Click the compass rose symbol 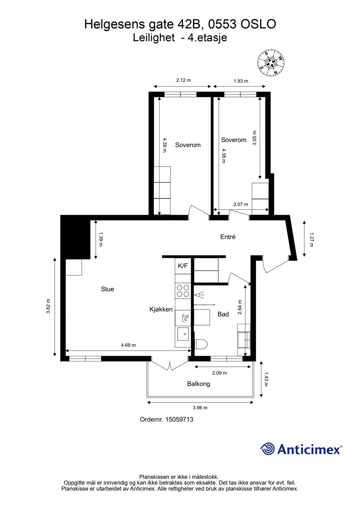pos(271,63)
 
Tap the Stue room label pos(108,289)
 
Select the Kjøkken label pos(161,309)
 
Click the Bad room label pos(223,314)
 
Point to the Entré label pos(228,237)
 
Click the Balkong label pos(199,384)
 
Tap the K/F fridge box pos(183,266)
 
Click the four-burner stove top pos(183,291)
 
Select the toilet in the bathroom pos(201,344)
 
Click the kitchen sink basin pos(183,334)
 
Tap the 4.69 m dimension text pos(128,345)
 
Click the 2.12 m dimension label pos(184,80)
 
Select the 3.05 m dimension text pos(254,138)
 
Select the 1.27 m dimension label pos(311,240)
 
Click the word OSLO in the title pos(258,24)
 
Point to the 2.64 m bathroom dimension pos(240,307)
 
